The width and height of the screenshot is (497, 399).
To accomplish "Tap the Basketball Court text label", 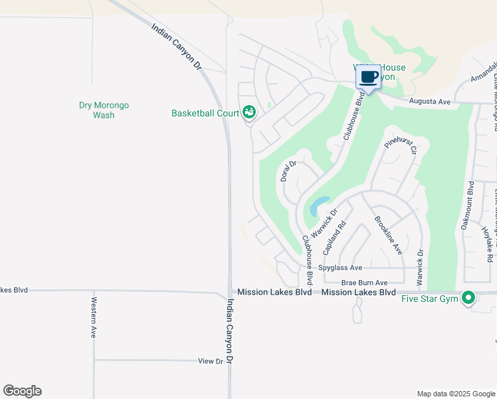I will coord(205,113).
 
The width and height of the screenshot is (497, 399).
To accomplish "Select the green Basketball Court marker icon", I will coord(249,112).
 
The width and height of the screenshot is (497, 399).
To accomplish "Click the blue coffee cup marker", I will coord(369,77).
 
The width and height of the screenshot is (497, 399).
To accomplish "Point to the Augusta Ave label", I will coord(430,102).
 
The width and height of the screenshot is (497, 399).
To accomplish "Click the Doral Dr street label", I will coord(288,171).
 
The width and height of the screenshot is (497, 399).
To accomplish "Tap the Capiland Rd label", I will coord(335,238).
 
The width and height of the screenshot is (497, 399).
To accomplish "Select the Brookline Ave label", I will coord(388,235).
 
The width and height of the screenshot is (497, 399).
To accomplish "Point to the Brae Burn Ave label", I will coord(364,283).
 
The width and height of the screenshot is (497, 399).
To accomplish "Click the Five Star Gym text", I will coord(430,299).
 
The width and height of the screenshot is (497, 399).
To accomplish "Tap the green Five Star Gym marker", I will coord(468,298).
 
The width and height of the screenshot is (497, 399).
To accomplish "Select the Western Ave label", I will coord(92,317).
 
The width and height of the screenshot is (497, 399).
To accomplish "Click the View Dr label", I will coord(210,361).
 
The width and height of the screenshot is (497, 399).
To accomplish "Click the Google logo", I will coord(22,391).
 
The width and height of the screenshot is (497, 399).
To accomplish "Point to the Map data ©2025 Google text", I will coord(455,394).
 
